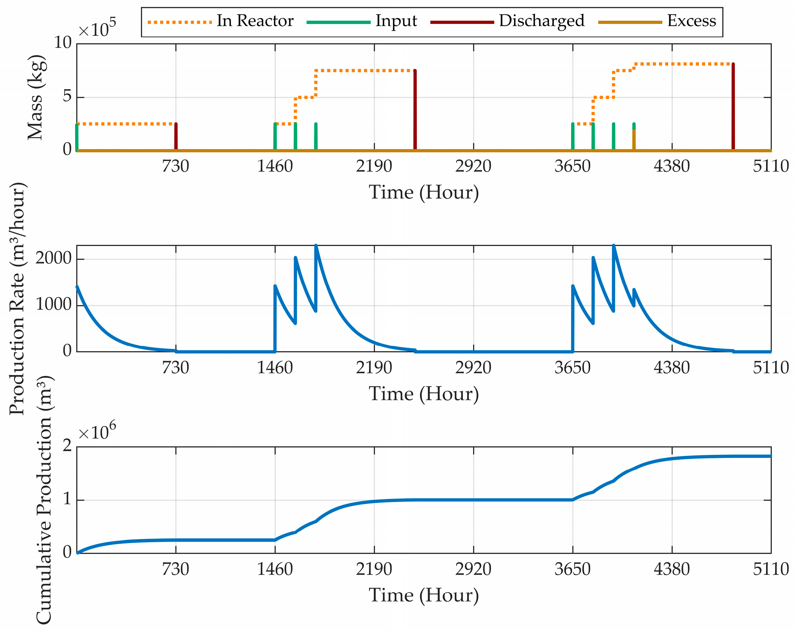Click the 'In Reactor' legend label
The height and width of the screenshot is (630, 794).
tap(255, 21)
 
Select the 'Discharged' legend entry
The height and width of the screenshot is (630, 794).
tap(542, 21)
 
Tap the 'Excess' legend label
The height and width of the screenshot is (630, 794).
tap(692, 21)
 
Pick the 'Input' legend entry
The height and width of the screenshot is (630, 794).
tap(396, 21)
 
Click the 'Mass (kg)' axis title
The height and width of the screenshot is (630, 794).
tap(36, 97)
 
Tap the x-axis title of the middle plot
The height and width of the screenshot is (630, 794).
tap(424, 394)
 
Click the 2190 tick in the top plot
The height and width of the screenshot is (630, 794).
tap(374, 167)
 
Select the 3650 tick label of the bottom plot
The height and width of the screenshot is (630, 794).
tap(572, 569)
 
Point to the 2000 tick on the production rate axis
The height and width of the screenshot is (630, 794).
tap(53, 258)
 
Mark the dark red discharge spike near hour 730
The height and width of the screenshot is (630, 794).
tap(176, 136)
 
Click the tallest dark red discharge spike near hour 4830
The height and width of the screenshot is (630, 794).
tap(733, 107)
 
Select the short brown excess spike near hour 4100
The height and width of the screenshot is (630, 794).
tap(634, 140)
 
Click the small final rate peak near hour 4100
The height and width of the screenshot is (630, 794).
tap(634, 290)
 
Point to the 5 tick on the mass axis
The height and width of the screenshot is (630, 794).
tap(67, 97)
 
